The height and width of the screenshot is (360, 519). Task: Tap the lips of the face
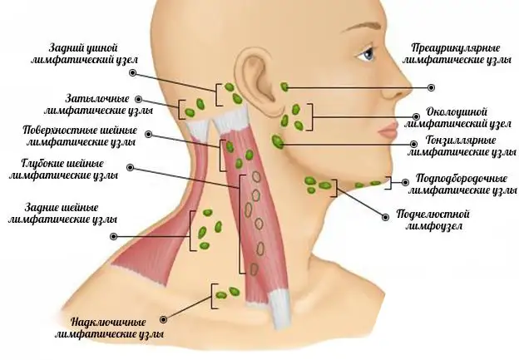388,130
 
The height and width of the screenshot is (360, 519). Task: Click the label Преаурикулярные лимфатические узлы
456,54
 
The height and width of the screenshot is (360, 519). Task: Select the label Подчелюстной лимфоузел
433,219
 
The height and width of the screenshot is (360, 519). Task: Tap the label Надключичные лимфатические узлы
109,328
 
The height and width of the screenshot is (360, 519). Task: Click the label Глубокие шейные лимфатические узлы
63,169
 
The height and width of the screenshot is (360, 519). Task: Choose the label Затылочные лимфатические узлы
98,105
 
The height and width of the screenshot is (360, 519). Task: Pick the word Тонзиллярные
461,141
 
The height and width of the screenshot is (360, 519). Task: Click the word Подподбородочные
462,179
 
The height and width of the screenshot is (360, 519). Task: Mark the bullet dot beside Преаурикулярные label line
431,87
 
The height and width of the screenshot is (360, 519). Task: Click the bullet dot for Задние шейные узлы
113,237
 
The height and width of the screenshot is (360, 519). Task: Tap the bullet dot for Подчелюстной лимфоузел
385,217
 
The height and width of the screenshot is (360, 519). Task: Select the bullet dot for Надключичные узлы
163,319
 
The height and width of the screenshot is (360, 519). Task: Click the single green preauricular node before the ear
284,87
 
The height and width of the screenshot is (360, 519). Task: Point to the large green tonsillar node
277,141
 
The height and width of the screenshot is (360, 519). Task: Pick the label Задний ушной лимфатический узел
84,54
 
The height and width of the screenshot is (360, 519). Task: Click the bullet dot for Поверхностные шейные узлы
149,135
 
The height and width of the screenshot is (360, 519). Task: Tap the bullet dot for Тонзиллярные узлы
413,145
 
